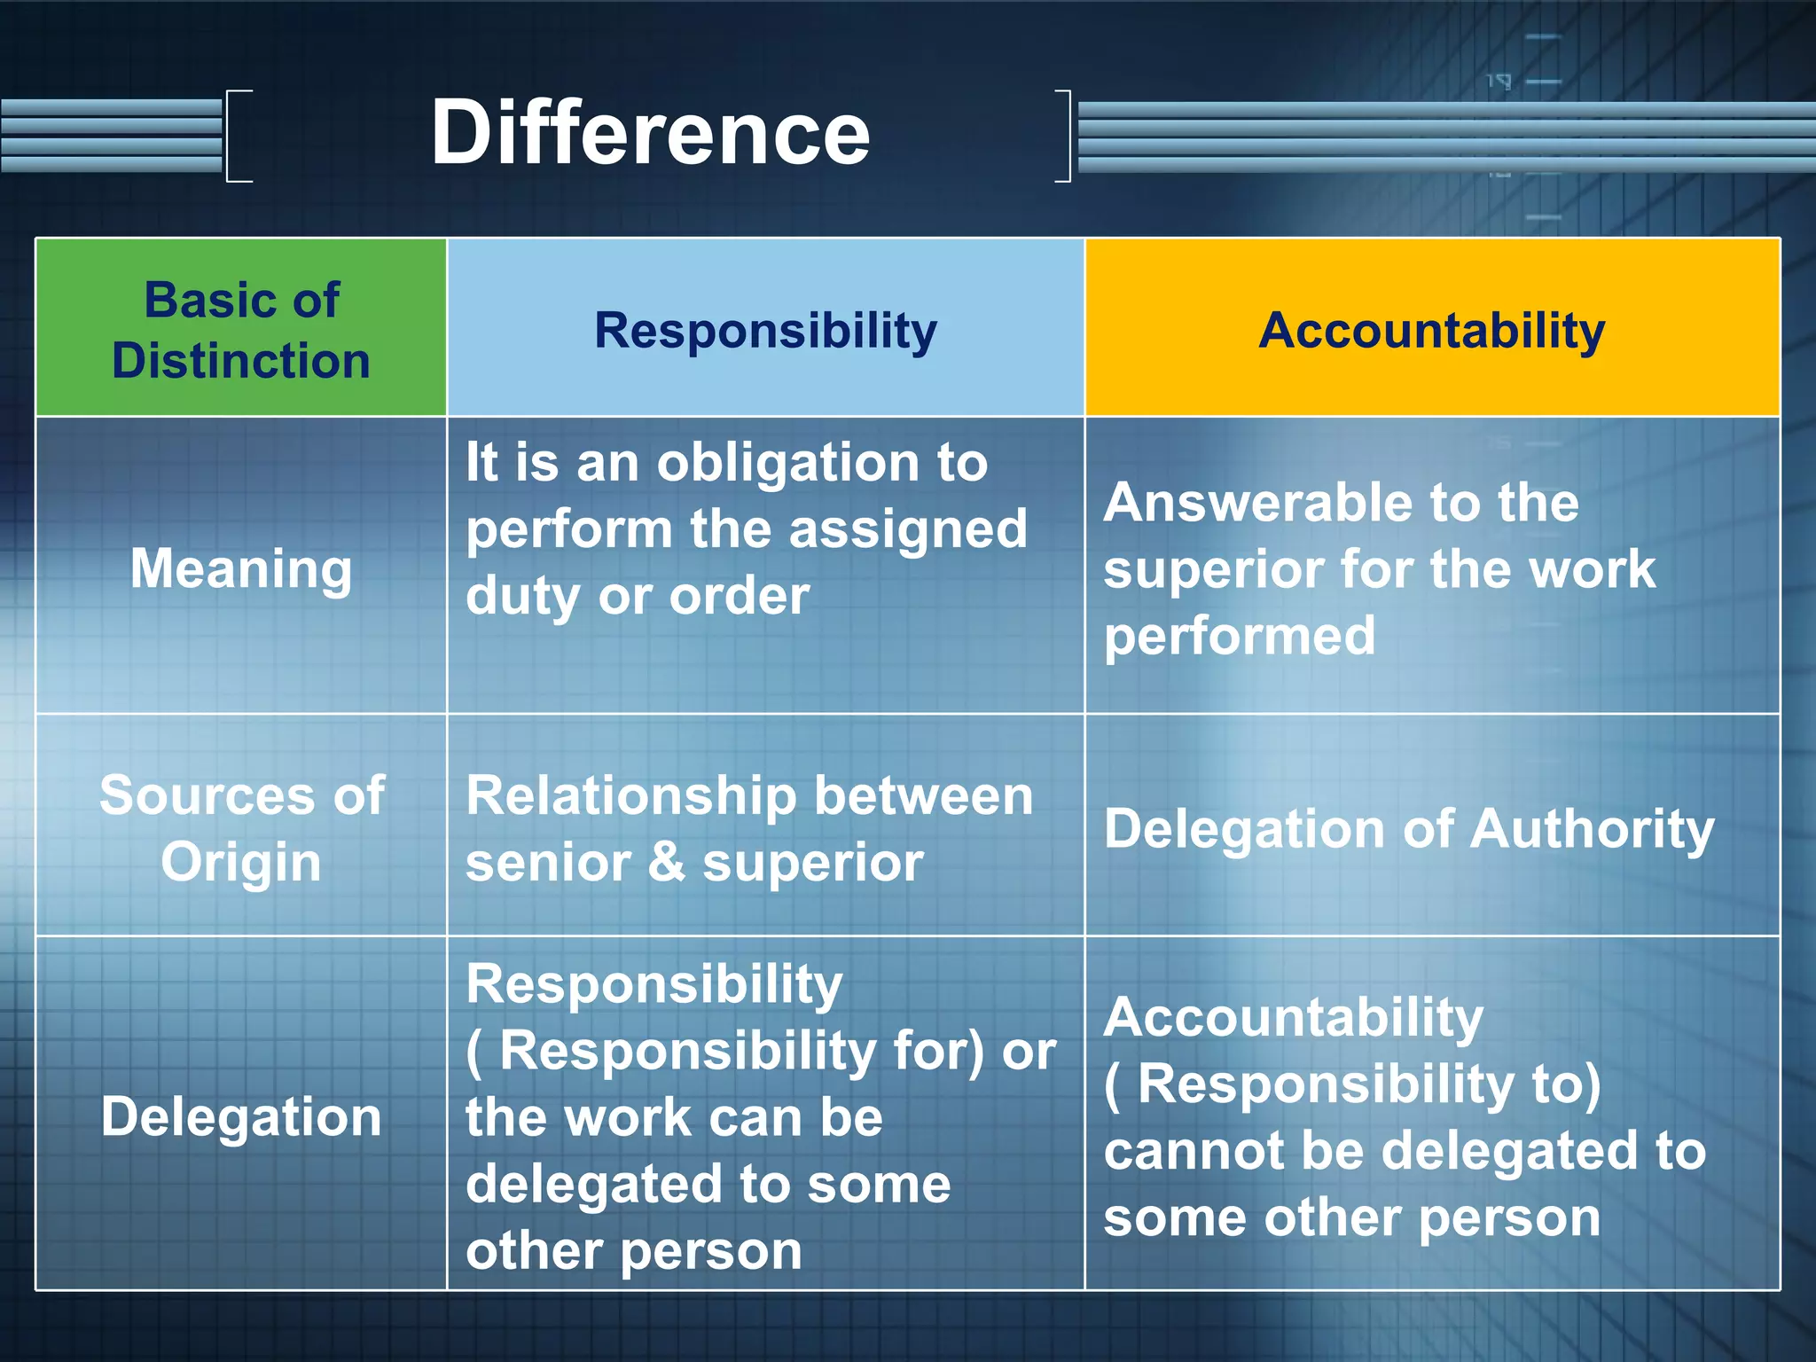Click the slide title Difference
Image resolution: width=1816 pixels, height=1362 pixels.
click(650, 133)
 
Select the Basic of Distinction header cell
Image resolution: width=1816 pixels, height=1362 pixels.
click(241, 329)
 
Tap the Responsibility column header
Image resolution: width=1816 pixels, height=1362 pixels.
click(765, 331)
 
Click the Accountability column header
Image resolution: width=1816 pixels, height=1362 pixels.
click(1431, 331)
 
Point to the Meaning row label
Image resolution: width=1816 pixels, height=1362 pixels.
click(241, 568)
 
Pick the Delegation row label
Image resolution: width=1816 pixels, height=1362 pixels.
click(241, 1115)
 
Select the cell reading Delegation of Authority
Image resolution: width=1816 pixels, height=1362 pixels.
click(1409, 829)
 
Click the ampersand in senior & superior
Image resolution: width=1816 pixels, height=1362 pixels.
click(666, 862)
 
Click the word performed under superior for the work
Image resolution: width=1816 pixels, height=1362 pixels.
click(1240, 636)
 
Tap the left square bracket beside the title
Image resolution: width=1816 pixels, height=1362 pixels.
click(238, 136)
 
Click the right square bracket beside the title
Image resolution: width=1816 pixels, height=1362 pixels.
click(1064, 136)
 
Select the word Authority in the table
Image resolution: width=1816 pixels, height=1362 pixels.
click(1592, 829)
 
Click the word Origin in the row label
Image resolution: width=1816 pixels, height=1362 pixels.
click(241, 862)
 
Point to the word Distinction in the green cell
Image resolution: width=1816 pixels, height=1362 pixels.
click(241, 361)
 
